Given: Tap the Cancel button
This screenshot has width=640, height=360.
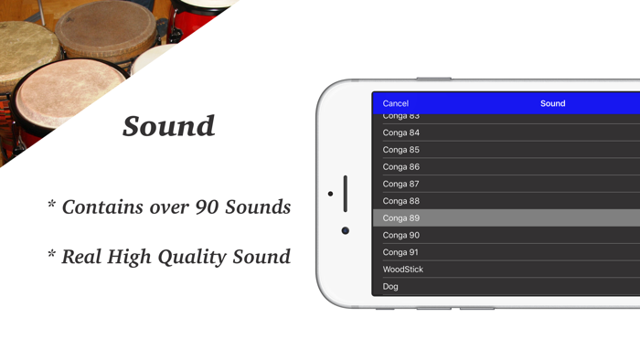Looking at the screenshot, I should click(x=395, y=104).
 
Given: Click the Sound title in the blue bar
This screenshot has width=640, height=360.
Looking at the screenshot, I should click(x=552, y=104).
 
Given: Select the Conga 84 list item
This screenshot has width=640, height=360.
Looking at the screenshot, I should click(x=401, y=133).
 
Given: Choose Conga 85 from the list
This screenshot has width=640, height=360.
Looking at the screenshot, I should click(x=401, y=150).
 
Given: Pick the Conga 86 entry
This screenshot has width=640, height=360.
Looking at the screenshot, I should click(x=401, y=167).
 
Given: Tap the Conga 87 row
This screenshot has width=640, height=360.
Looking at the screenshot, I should click(x=401, y=185).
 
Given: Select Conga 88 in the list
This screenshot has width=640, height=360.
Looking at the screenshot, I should click(x=401, y=201).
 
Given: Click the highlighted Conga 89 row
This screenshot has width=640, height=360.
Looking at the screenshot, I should click(x=401, y=218).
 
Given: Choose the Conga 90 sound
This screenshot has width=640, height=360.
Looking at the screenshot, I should click(x=401, y=236).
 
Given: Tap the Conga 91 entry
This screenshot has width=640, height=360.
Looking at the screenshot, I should click(x=401, y=252).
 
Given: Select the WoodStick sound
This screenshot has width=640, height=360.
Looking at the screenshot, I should click(x=403, y=270).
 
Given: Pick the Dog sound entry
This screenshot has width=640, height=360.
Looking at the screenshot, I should click(x=390, y=287).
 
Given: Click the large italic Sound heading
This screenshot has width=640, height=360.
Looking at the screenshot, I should click(x=169, y=126).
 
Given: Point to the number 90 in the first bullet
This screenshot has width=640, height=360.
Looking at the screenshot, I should click(x=208, y=207).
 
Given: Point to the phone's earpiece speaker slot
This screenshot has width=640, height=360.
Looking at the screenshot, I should click(x=345, y=193).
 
